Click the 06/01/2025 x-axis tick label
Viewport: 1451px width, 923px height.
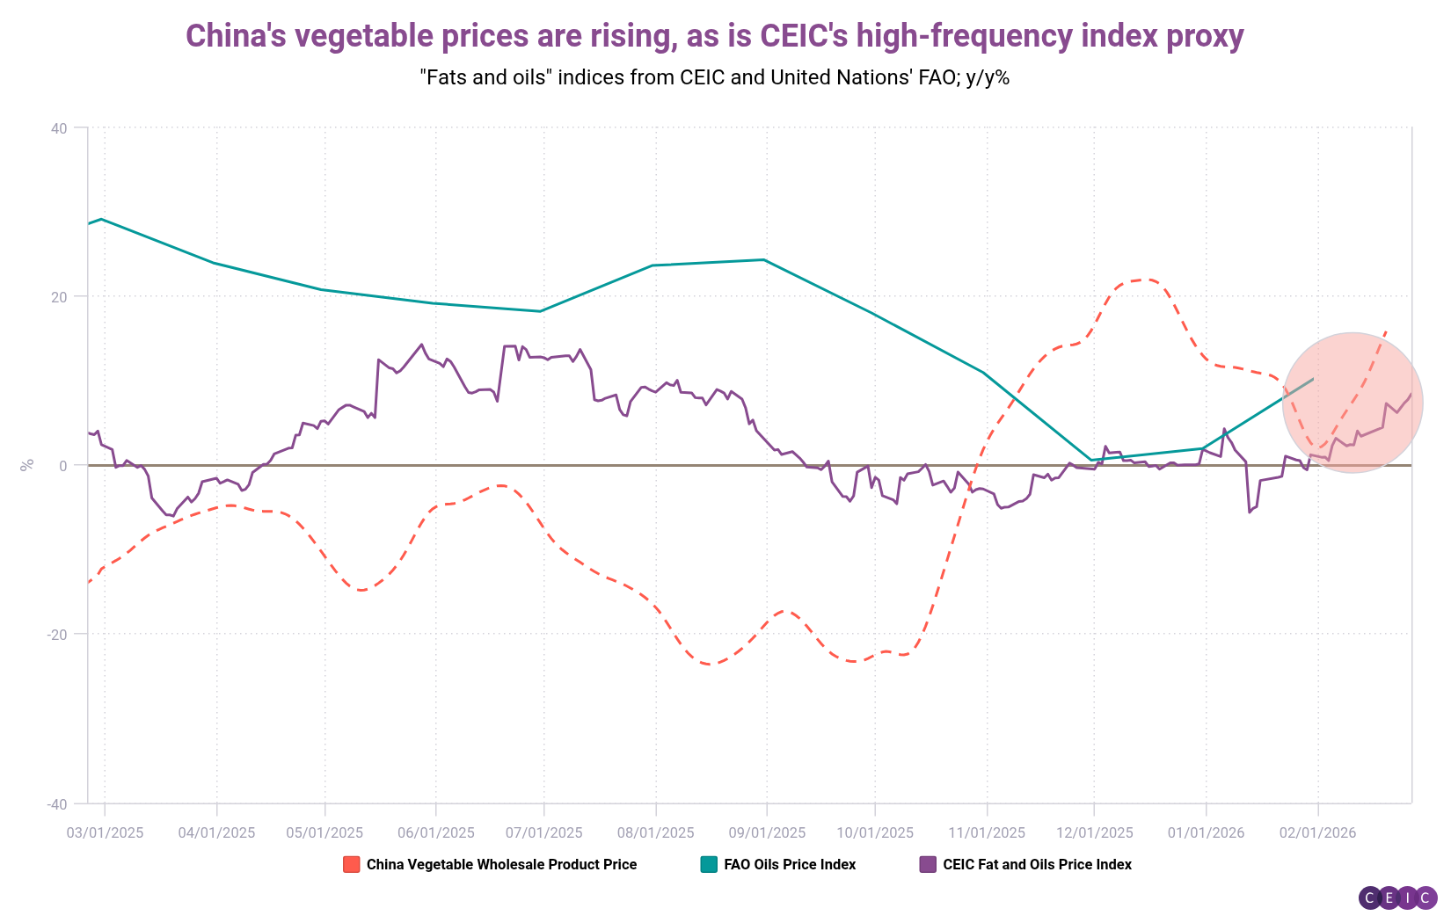[436, 832]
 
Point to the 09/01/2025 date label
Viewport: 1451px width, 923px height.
[766, 832]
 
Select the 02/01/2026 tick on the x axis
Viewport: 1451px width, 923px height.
[1317, 832]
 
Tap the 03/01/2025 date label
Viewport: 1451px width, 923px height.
[105, 832]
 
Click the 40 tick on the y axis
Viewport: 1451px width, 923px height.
[59, 128]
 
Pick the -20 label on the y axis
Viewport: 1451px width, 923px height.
[56, 635]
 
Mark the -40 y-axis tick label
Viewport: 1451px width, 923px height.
[56, 804]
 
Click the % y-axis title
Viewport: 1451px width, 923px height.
[27, 464]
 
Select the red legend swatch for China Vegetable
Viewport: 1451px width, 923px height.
[351, 865]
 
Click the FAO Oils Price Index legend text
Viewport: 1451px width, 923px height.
[790, 865]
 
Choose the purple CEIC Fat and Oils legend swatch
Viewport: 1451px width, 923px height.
[928, 865]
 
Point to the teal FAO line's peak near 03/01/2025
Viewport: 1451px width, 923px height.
[102, 219]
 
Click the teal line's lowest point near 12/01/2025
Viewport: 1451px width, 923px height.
[1091, 460]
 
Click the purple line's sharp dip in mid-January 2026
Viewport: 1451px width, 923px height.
[1250, 512]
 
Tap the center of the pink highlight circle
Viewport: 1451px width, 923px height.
[1353, 403]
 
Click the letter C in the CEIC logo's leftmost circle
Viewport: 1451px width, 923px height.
[1370, 898]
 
